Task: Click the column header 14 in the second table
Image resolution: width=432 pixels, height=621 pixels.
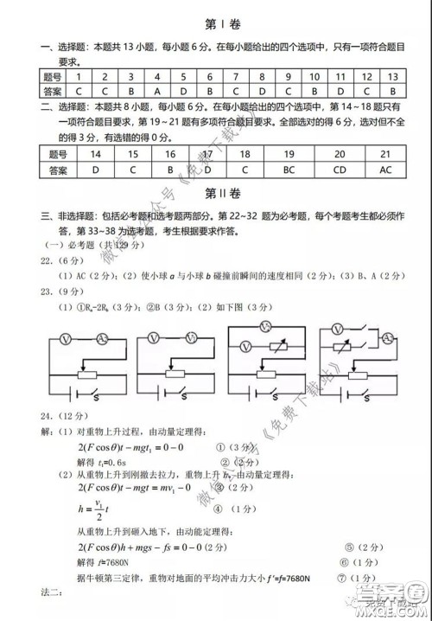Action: pyautogui.click(x=95, y=155)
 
